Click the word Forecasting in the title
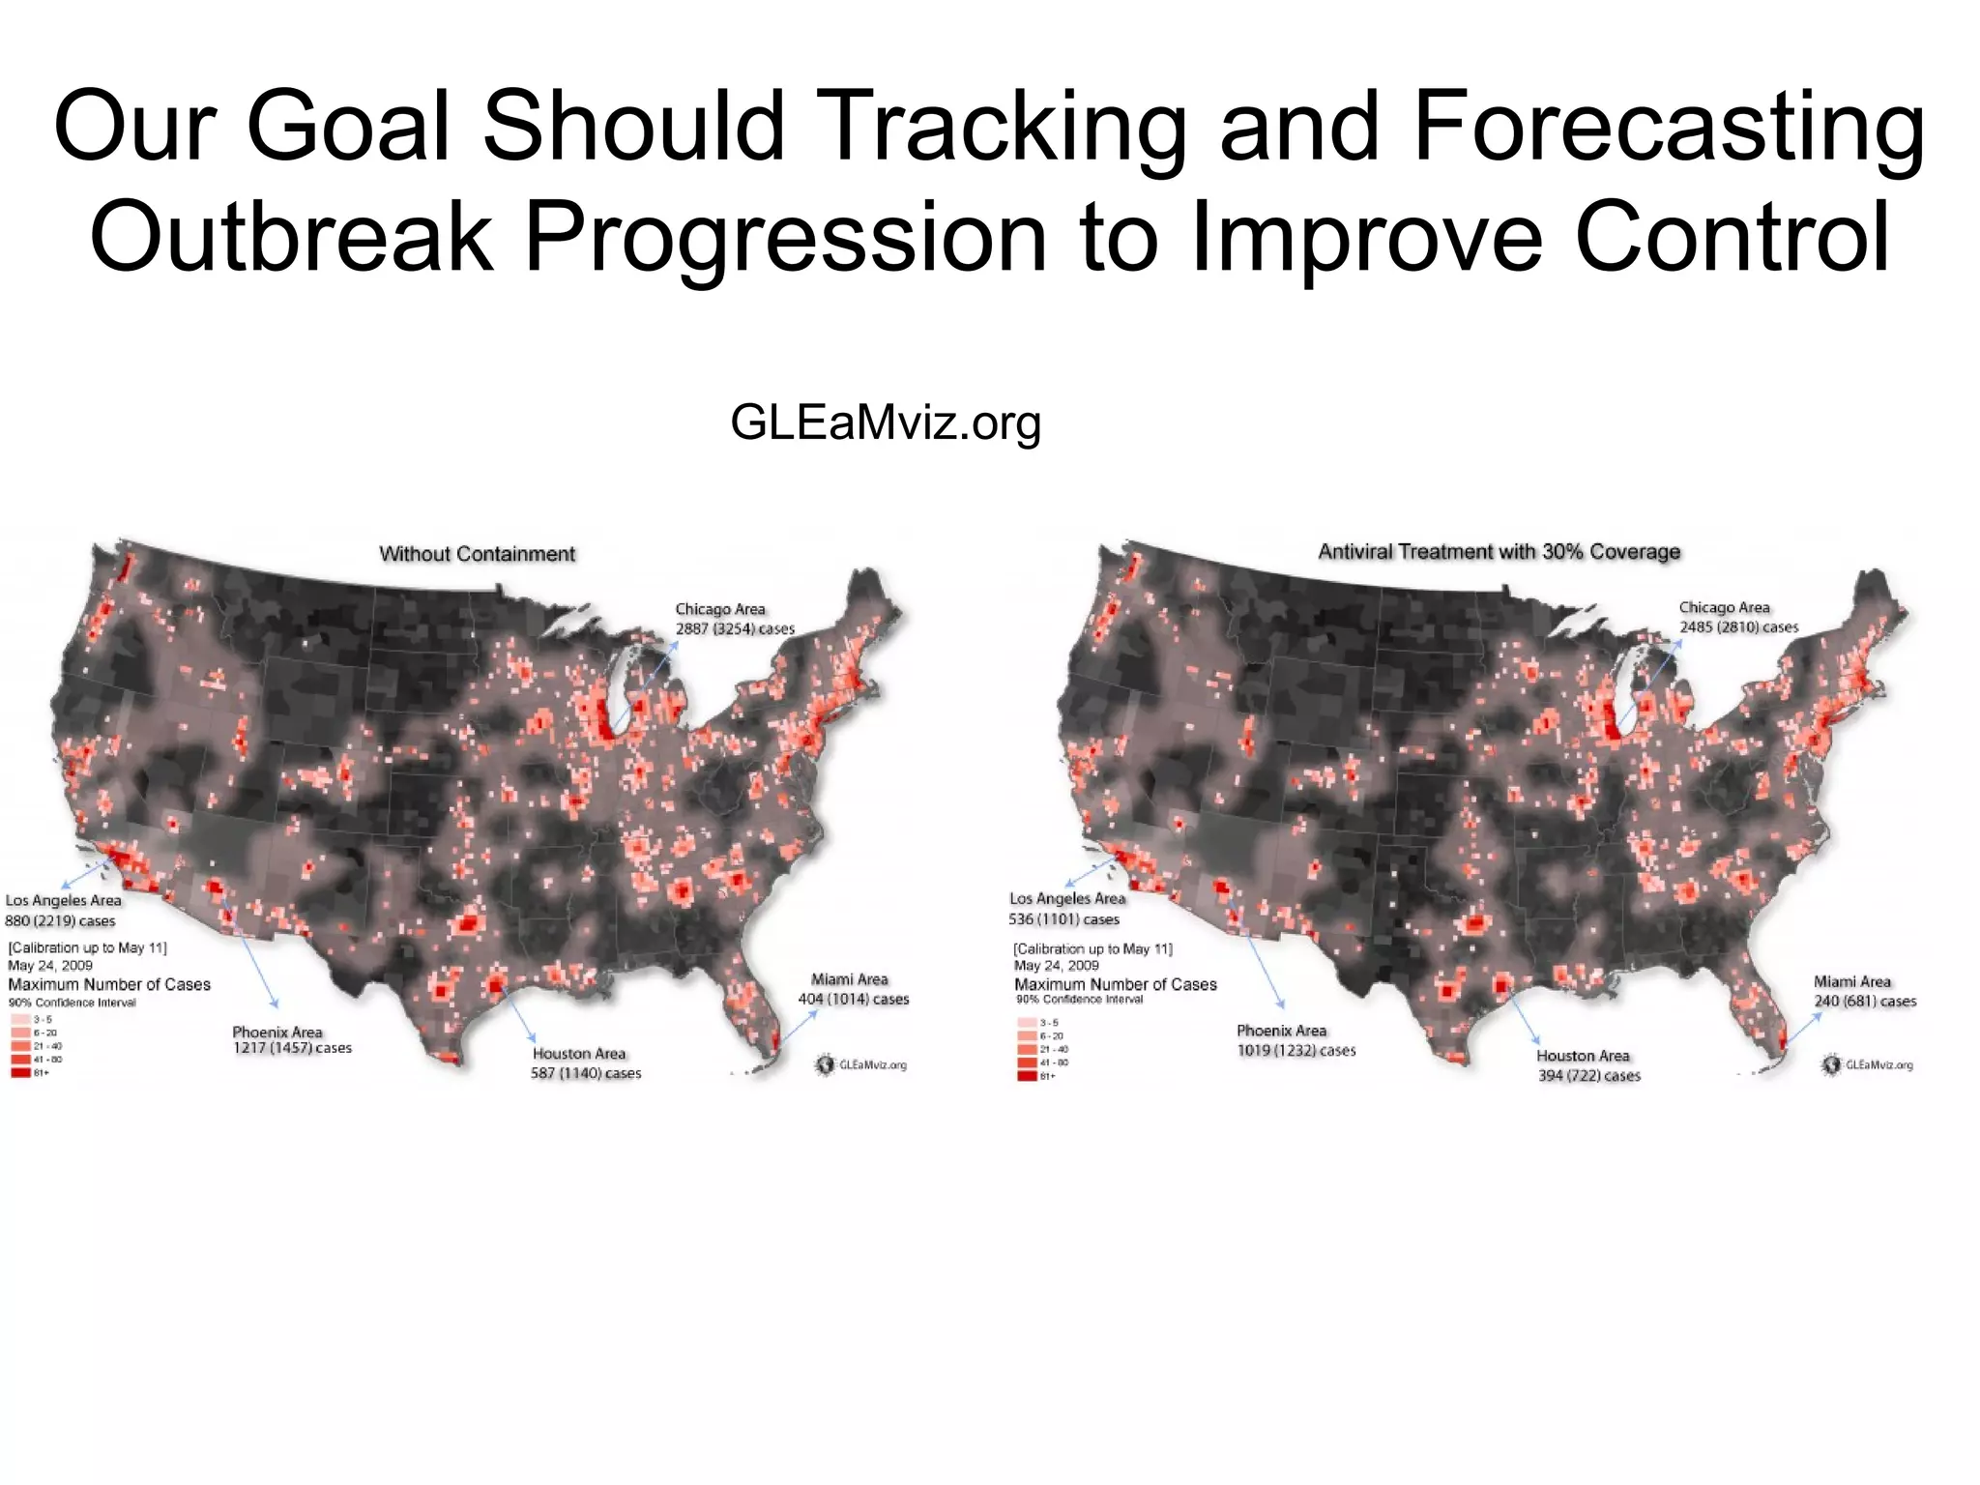pyautogui.click(x=1669, y=128)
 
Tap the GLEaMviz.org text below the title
pyautogui.click(x=886, y=422)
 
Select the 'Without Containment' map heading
pyautogui.click(x=477, y=554)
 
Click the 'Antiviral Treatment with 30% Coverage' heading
pyautogui.click(x=1500, y=552)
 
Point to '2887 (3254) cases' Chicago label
pyautogui.click(x=735, y=629)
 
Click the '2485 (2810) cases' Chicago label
pyautogui.click(x=1738, y=627)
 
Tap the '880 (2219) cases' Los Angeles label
pyautogui.click(x=60, y=921)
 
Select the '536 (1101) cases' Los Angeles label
pyautogui.click(x=1063, y=919)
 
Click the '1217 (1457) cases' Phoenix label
pyautogui.click(x=292, y=1049)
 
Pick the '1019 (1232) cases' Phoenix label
pyautogui.click(x=1296, y=1051)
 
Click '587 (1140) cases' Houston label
pyautogui.click(x=586, y=1074)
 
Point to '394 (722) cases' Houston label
pyautogui.click(x=1589, y=1076)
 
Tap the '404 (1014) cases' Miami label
pyautogui.click(x=853, y=1000)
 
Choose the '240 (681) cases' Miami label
pyautogui.click(x=1865, y=1002)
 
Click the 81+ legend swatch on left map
pyautogui.click(x=20, y=1073)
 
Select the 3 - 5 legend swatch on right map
pyautogui.click(x=1027, y=1023)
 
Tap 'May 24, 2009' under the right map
pyautogui.click(x=1056, y=966)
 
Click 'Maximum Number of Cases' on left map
pyautogui.click(x=109, y=985)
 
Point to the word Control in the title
pyautogui.click(x=1732, y=237)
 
